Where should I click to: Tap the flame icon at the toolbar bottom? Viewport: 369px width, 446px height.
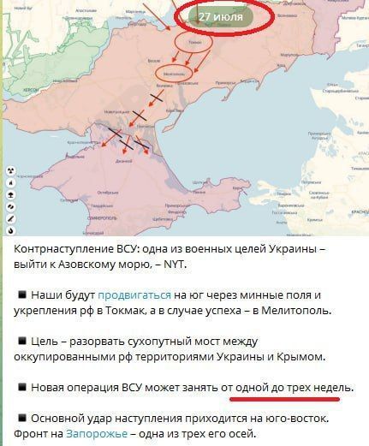(x=9, y=230)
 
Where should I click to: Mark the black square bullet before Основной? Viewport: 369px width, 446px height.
(x=21, y=419)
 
